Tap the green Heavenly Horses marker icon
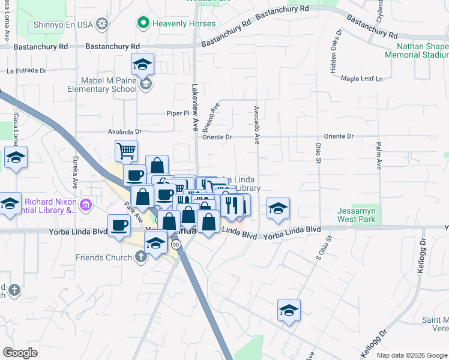coord(143,23)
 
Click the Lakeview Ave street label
coord(194,108)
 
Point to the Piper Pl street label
coord(178,113)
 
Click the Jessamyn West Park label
coord(357,215)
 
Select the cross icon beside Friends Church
coord(141,257)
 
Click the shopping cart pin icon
coord(126,151)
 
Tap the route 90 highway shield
coord(175,245)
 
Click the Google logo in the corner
coord(20,352)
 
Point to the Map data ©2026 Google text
coord(412,355)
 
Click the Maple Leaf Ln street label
coord(361,79)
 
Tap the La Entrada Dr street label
coord(26,70)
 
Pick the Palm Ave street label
coord(379,155)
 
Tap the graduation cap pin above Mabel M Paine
coord(142,63)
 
